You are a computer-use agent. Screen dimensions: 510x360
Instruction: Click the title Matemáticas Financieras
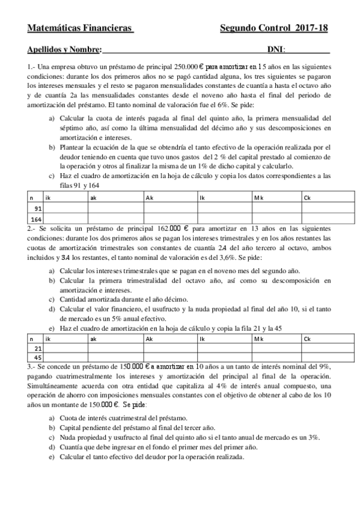(81, 28)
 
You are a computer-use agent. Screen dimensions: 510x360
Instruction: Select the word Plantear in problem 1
(75, 147)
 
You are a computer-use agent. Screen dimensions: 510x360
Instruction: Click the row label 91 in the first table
(38, 208)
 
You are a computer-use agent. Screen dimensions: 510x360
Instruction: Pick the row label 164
(35, 220)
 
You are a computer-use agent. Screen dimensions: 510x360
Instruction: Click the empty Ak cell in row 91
(170, 208)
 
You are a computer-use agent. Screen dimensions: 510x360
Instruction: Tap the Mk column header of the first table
(258, 197)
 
